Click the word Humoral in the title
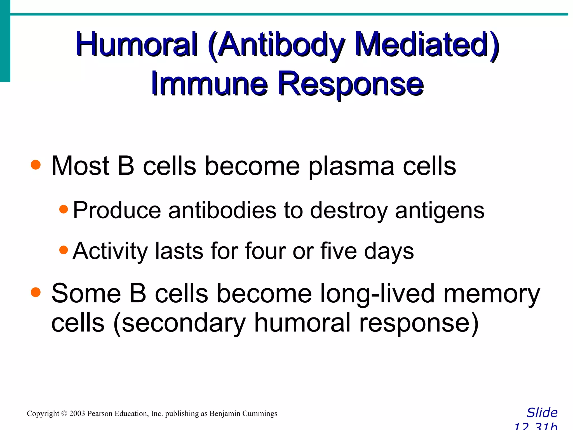point(137,45)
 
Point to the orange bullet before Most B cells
point(36,165)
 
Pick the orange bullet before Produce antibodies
point(64,209)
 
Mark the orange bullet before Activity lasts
point(64,250)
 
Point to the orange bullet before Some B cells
point(36,293)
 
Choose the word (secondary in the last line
point(179,324)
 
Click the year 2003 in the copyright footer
point(77,413)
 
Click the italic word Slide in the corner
point(542,413)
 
